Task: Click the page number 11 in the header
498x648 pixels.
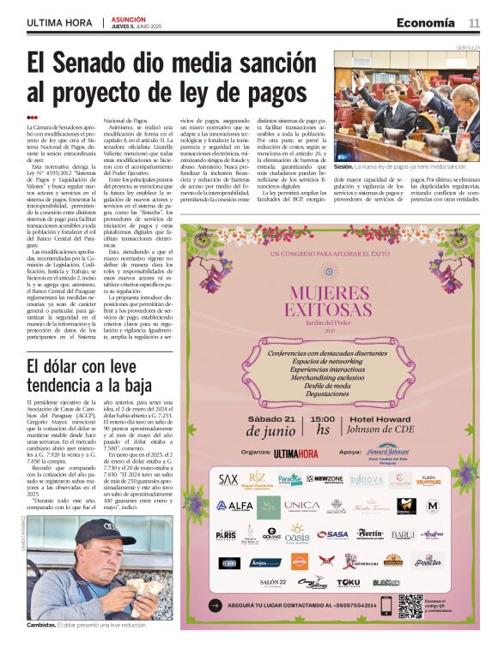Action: pos(474,22)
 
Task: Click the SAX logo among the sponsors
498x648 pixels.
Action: pos(228,479)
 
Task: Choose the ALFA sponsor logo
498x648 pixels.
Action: pos(234,506)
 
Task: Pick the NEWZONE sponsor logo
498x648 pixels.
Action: pos(325,479)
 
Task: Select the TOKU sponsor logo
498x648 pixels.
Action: pos(348,582)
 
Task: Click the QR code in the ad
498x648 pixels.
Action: pos(410,606)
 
